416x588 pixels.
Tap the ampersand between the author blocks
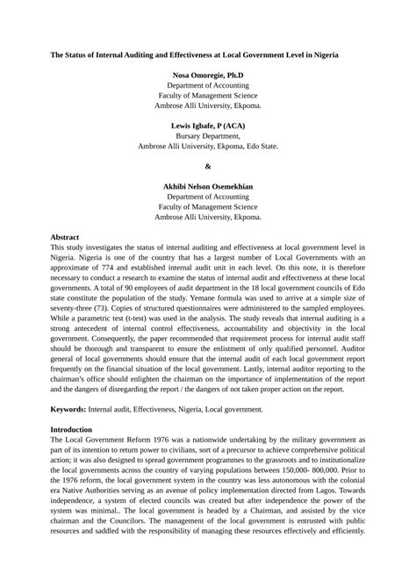click(x=207, y=166)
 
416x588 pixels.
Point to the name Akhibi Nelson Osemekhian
click(x=207, y=187)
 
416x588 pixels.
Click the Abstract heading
click(x=66, y=238)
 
